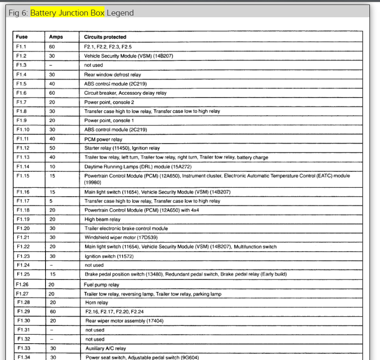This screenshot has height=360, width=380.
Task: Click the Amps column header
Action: coord(56,37)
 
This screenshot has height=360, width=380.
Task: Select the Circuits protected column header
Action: coord(105,37)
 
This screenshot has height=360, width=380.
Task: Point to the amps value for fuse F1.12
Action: coord(52,148)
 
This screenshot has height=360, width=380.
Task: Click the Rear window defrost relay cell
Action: coord(112,75)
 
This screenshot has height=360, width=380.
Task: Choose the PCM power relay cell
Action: coord(103,139)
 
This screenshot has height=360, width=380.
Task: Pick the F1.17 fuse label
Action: coord(23,201)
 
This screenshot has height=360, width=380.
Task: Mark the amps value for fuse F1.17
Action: coord(51,201)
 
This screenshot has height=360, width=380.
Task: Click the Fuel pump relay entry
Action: coord(102,285)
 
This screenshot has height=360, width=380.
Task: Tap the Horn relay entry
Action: coord(96,303)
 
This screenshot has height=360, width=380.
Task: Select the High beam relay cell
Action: coord(102,219)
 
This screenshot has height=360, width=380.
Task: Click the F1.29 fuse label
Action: coord(24,312)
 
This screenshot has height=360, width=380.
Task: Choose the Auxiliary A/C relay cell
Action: coord(106,349)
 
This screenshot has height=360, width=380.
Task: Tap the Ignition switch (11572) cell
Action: coord(107,256)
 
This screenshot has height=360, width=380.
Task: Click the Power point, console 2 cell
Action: coord(109,102)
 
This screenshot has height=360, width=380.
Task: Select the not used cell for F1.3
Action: coord(94,65)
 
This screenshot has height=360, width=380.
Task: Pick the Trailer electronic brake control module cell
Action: coord(126,229)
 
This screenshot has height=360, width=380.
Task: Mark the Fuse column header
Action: coord(22,37)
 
